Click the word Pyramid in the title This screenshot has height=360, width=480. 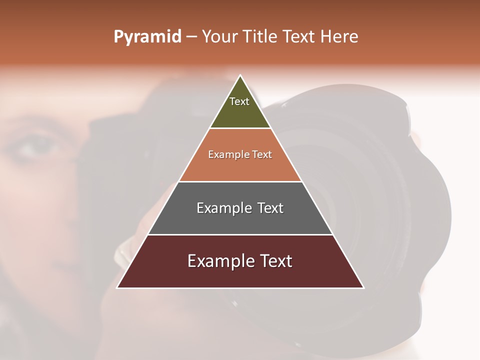click(x=147, y=37)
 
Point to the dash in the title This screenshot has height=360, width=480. click(x=191, y=37)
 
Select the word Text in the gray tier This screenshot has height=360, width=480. click(x=267, y=207)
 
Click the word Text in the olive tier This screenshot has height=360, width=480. click(x=239, y=101)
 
